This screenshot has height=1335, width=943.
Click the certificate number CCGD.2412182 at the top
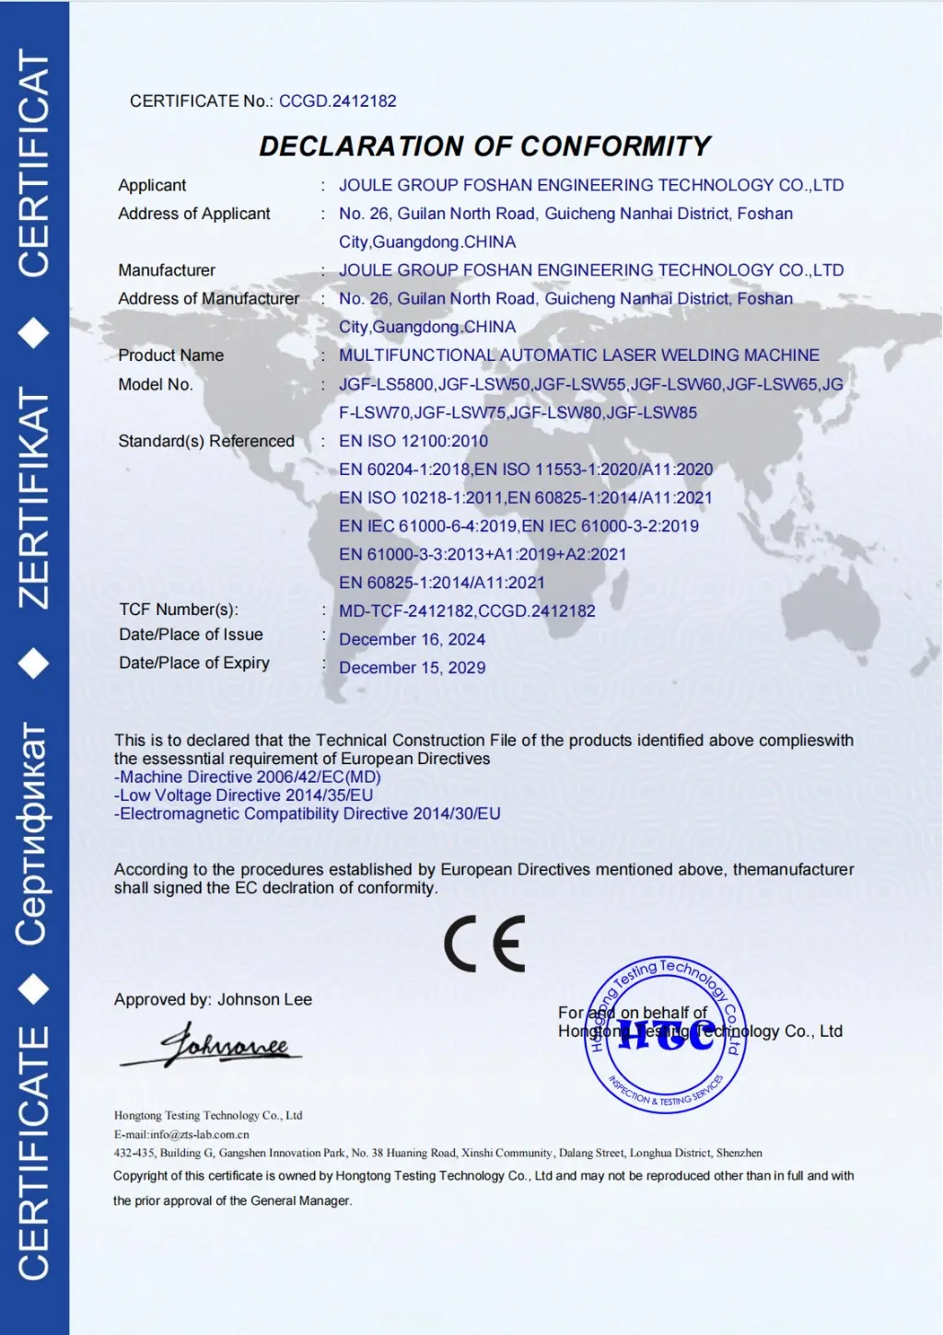337,101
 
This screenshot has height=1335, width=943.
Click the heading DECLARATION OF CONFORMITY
484,146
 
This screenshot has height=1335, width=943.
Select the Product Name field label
170,355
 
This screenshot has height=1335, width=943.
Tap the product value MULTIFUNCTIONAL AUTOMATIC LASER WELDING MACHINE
578,355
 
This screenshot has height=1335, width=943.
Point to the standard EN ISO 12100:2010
413,441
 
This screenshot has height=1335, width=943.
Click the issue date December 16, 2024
412,639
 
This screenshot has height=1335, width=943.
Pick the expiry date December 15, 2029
412,667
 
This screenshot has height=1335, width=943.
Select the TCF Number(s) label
179,609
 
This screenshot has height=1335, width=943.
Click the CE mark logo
484,944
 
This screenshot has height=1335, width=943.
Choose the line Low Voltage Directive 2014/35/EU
244,795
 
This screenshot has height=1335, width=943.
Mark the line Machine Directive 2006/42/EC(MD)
248,777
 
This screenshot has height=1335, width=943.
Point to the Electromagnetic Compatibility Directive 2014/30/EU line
308,814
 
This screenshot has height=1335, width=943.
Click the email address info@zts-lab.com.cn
200,1134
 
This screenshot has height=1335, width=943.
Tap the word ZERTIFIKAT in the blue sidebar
34,498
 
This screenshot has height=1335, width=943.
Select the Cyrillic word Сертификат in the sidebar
34,833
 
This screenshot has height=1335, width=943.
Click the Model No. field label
155,385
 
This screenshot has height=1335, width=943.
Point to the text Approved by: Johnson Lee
213,1000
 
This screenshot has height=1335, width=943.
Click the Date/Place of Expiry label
194,663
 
